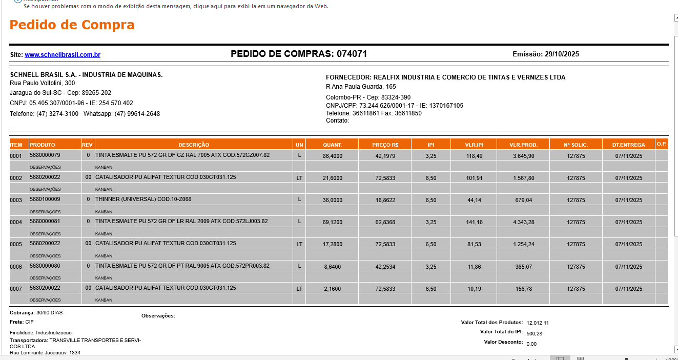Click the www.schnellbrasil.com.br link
click(63, 55)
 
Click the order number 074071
click(352, 54)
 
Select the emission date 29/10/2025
click(562, 54)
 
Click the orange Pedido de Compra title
click(72, 25)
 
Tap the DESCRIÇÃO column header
click(194, 145)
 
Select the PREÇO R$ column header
click(385, 145)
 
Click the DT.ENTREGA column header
click(628, 145)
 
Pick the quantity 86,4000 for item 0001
click(333, 156)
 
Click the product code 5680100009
click(45, 199)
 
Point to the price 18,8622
click(385, 201)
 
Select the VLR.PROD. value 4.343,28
click(524, 223)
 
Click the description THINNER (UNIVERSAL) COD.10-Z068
click(143, 199)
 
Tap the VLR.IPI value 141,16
click(475, 223)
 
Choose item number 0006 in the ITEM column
click(16, 267)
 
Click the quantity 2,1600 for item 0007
click(333, 289)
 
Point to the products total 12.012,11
click(538, 323)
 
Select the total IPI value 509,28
click(534, 333)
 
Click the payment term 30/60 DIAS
click(49, 312)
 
